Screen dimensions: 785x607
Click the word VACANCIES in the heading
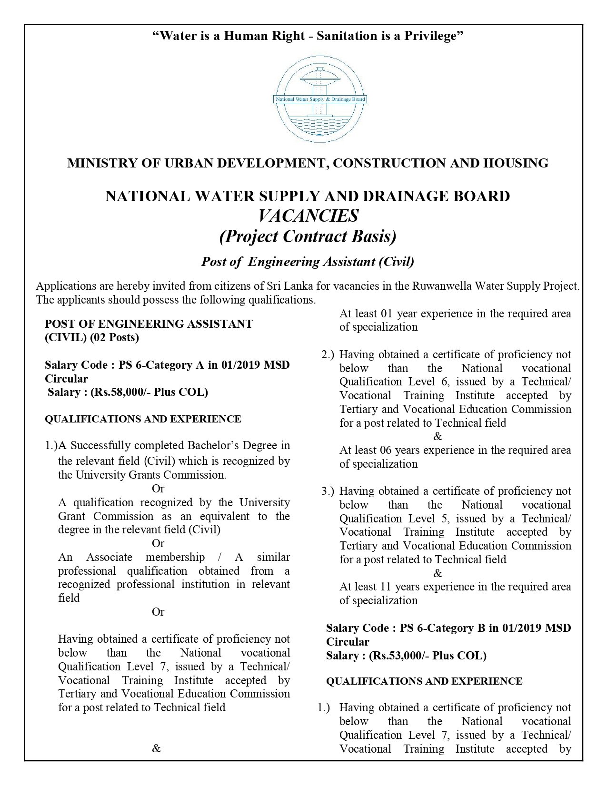tap(308, 216)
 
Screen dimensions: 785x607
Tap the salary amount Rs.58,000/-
tap(124, 392)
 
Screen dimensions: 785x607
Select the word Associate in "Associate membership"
tap(109, 557)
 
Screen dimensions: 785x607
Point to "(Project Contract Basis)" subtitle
tap(308, 236)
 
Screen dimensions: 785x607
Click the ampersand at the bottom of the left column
tap(156, 749)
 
